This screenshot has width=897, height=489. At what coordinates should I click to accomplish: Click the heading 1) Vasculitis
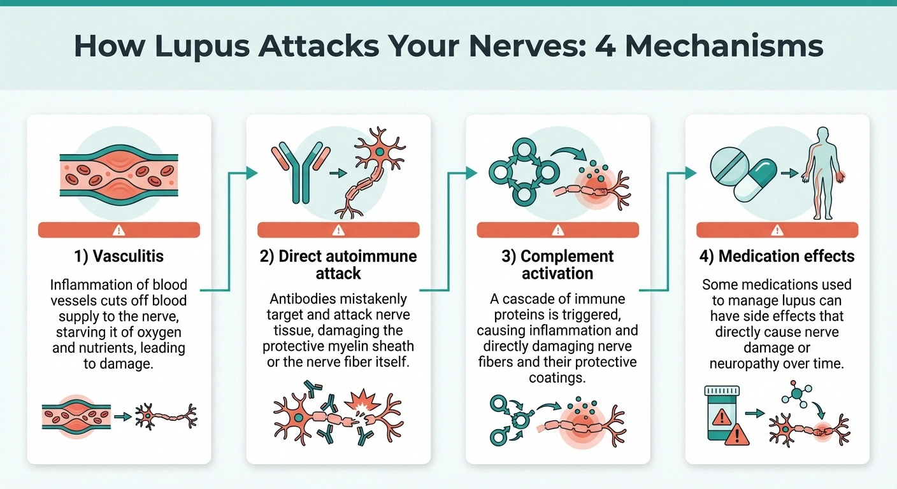118,257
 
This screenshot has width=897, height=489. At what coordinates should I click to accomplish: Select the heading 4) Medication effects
777,256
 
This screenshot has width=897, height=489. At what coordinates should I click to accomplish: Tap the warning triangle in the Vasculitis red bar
119,230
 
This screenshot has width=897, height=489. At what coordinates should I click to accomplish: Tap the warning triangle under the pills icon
777,230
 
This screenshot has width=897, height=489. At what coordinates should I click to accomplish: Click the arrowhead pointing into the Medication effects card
691,173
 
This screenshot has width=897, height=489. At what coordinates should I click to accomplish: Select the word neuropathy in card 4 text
746,363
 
